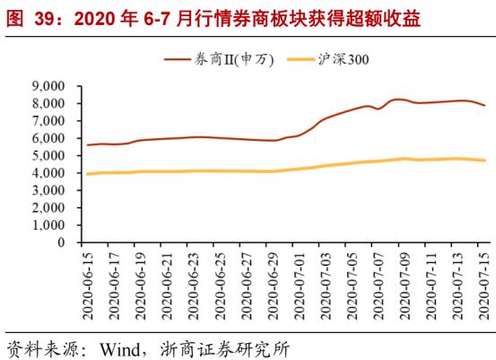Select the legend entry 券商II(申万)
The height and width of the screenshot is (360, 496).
point(225,59)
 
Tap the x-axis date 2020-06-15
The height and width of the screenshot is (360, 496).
point(88,279)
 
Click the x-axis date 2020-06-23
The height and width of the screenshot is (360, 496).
point(195,279)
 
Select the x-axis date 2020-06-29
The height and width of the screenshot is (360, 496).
point(274,279)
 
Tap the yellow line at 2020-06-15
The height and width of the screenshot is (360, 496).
point(87,173)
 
